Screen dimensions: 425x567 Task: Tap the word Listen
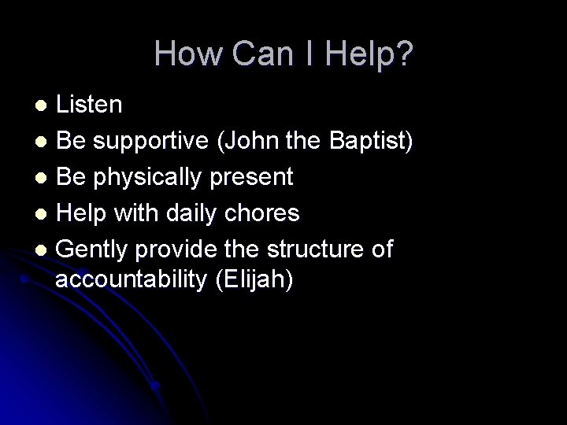click(89, 104)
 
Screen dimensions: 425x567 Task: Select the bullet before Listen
click(44, 105)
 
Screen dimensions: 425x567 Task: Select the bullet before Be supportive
click(43, 142)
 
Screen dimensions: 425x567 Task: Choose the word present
click(254, 178)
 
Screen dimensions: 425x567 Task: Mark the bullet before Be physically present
click(43, 178)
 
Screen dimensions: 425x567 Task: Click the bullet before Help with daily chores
click(43, 214)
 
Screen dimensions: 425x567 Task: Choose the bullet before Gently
click(43, 250)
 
